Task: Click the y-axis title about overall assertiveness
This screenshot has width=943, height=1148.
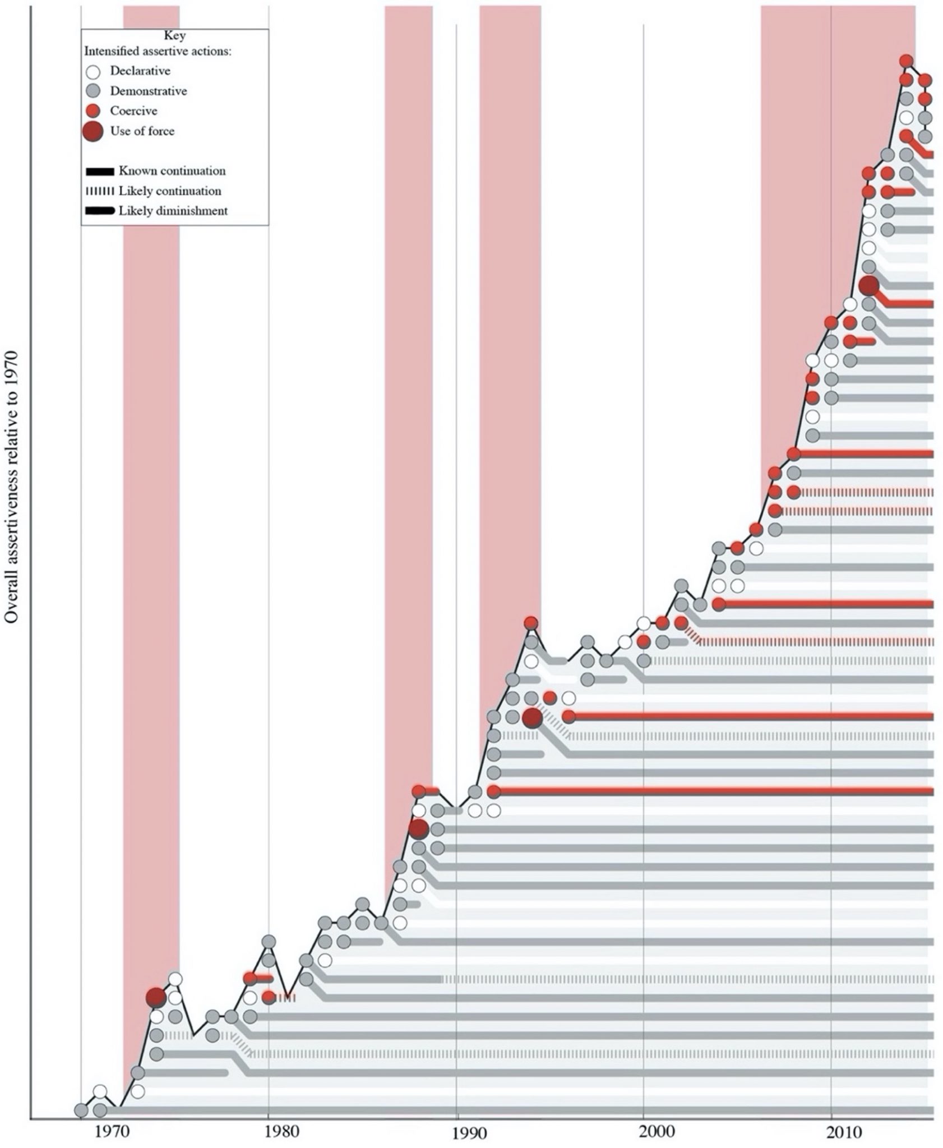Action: (x=13, y=487)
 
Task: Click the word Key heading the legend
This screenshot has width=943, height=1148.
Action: (x=174, y=35)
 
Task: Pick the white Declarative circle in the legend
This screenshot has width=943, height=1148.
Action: (x=94, y=72)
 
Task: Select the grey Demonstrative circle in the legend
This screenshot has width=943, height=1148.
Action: (x=94, y=91)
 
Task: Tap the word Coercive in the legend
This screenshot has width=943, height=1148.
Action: (x=133, y=111)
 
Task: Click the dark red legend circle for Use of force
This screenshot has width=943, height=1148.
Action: (x=93, y=131)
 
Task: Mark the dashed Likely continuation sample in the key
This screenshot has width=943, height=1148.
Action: (x=100, y=192)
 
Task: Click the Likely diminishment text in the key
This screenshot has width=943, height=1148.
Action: (x=173, y=211)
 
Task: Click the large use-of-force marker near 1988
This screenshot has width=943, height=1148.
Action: (x=418, y=828)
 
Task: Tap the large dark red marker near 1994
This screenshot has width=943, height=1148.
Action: (x=531, y=717)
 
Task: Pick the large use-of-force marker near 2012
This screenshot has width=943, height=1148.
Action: (x=868, y=286)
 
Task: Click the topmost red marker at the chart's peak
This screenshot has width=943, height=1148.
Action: (x=906, y=61)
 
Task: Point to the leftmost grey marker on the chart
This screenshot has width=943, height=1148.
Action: (x=81, y=1110)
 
